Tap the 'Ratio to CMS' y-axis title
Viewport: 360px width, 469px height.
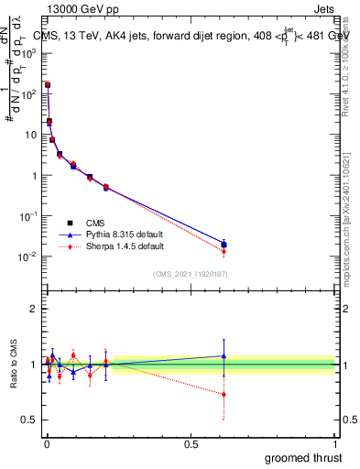pyautogui.click(x=13, y=365)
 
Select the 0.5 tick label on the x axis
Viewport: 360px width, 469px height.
pyautogui.click(x=191, y=442)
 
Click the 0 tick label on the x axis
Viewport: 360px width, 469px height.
pyautogui.click(x=46, y=442)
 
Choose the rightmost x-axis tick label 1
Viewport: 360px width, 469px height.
pyautogui.click(x=335, y=442)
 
